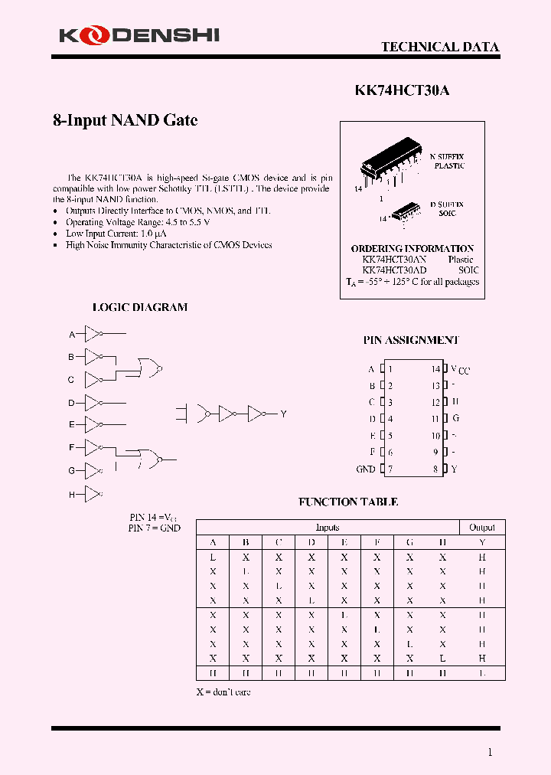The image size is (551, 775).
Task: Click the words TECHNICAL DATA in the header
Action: [x=440, y=47]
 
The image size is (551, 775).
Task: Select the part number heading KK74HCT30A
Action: [x=402, y=90]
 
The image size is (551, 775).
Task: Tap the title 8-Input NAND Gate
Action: [x=125, y=120]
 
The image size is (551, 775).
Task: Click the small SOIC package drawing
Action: [x=406, y=211]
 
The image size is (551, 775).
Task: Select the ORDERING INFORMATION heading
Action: [x=412, y=249]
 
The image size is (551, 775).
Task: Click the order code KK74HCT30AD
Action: [x=394, y=270]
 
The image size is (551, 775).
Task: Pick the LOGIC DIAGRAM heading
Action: [x=139, y=307]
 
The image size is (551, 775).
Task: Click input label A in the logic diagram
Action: [x=72, y=335]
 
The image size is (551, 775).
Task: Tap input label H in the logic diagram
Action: [x=72, y=495]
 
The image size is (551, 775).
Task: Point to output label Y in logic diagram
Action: [x=282, y=414]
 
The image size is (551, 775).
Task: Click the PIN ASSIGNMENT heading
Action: [x=411, y=340]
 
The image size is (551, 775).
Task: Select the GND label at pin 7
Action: [x=365, y=469]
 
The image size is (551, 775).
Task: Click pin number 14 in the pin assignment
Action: [x=435, y=369]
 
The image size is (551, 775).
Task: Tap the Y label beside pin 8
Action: [x=454, y=469]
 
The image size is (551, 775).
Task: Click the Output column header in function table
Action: [x=482, y=528]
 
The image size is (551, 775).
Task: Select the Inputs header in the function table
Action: [x=328, y=528]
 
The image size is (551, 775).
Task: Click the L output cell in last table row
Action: [x=482, y=673]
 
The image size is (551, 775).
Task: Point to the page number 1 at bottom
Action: [x=491, y=752]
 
